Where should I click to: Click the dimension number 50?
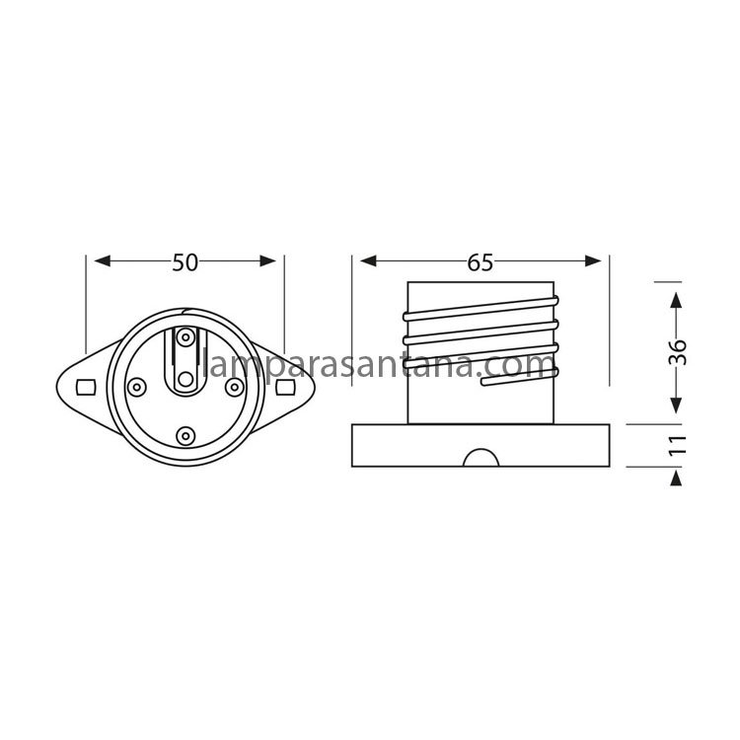(185, 262)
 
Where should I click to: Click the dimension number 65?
(480, 262)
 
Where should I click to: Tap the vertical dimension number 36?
(678, 352)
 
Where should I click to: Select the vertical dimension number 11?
(678, 445)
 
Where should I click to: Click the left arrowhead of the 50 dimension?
(103, 261)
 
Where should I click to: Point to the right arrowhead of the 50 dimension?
(268, 261)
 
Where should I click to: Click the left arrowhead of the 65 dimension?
(368, 261)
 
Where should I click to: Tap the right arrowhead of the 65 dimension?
(593, 261)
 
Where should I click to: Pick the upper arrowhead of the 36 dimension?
(676, 300)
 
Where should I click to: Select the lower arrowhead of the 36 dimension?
(676, 405)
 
